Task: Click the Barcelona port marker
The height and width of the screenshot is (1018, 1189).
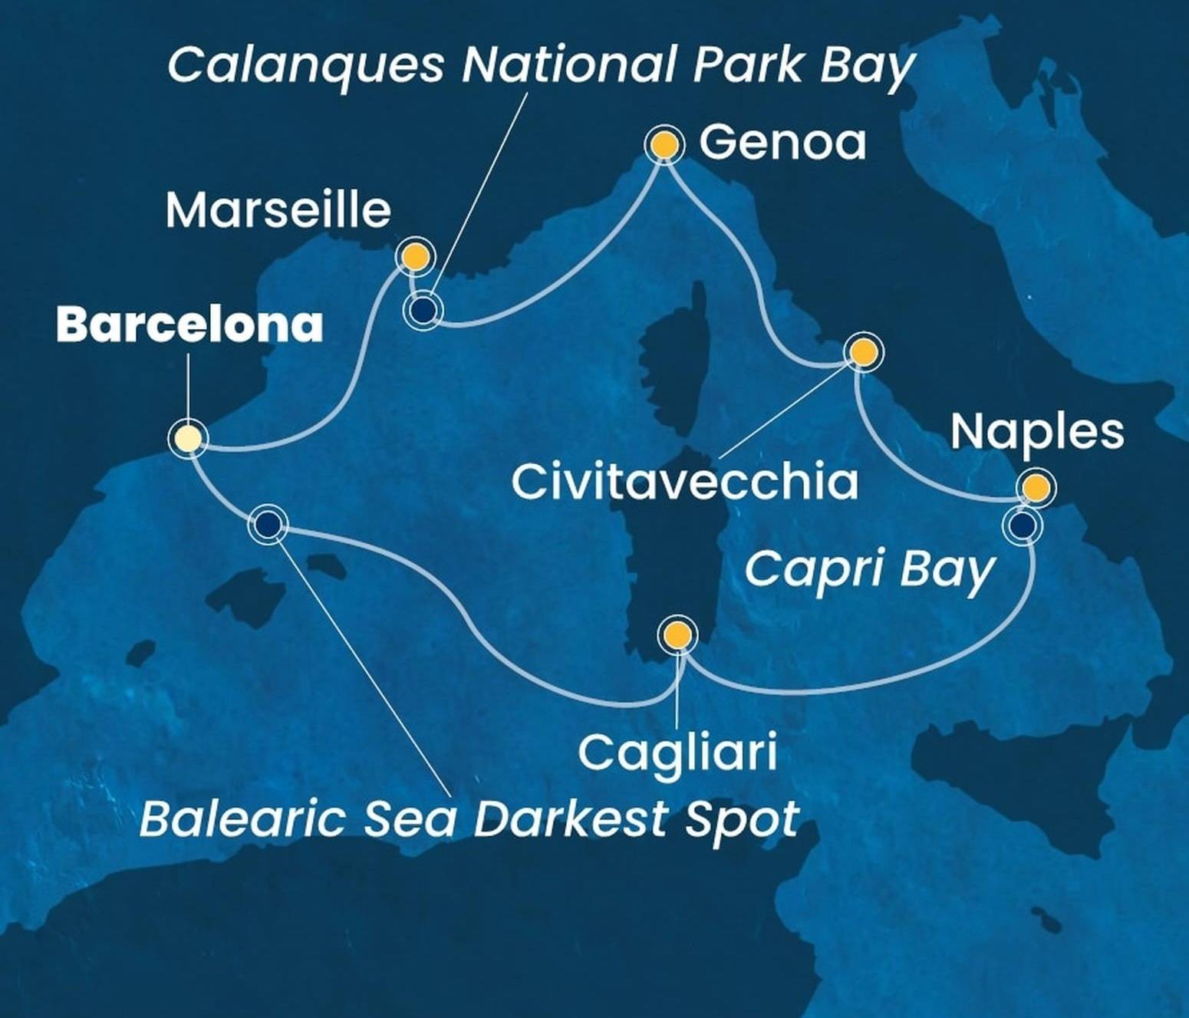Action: tap(188, 439)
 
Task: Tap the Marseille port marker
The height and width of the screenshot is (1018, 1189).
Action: tap(414, 256)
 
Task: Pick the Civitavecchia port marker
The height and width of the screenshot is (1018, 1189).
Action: tap(862, 352)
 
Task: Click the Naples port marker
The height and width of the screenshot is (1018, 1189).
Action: tap(1035, 488)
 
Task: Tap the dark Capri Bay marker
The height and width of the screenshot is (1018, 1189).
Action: tap(1023, 525)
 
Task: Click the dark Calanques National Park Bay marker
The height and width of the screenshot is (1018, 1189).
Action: tap(423, 309)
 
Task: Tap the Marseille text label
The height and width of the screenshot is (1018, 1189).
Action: tap(278, 210)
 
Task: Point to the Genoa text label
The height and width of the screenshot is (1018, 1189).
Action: tap(782, 143)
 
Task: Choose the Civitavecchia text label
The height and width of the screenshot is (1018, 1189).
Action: tap(684, 483)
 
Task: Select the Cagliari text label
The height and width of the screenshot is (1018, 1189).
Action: tap(677, 752)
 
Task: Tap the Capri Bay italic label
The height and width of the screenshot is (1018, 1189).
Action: tap(869, 571)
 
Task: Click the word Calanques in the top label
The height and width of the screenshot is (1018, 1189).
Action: tap(305, 64)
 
